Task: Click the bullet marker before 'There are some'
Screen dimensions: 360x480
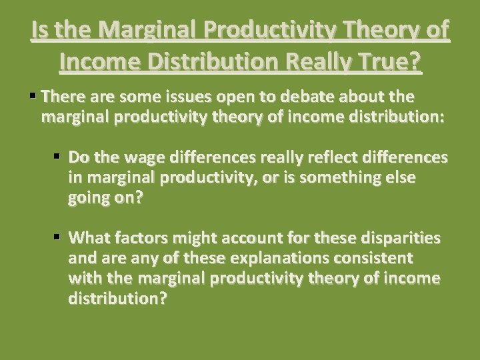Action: pyautogui.click(x=33, y=97)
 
